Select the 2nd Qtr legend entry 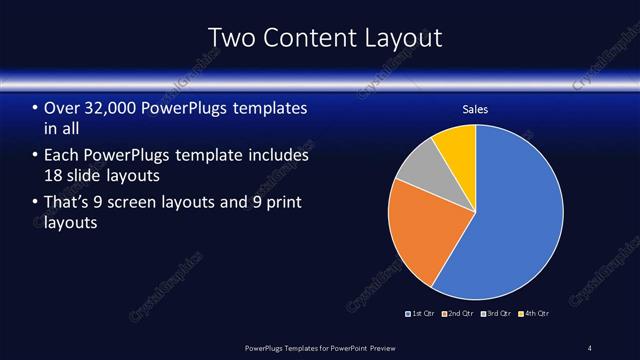pos(458,313)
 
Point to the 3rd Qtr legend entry pos(497,313)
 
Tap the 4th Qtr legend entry pos(535,313)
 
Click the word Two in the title pos(231,38)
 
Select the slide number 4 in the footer pos(590,348)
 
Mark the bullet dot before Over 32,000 pos(35,108)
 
